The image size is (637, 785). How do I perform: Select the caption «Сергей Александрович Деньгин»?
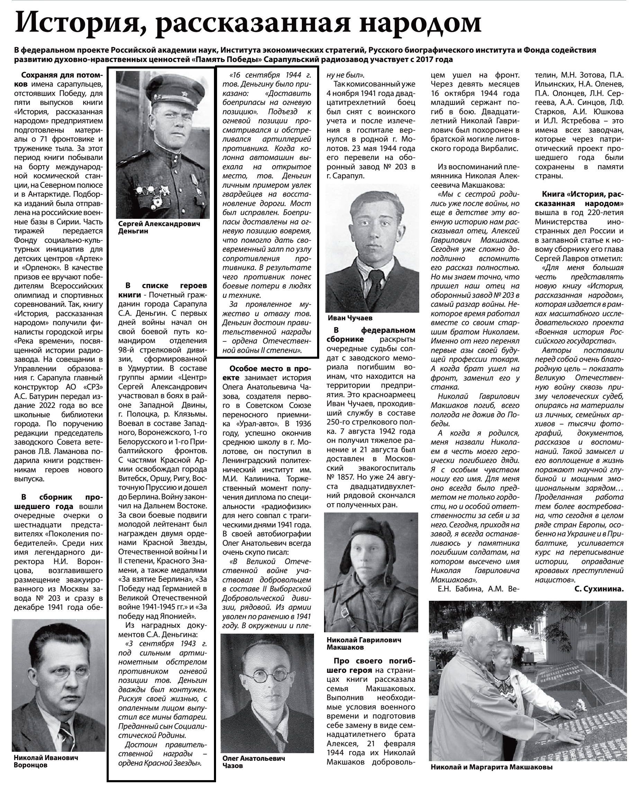pos(159,228)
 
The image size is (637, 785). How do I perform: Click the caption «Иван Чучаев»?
pos(350,318)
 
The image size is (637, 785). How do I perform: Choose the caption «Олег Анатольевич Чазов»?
pos(253,762)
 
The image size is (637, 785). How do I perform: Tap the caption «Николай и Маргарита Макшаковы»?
pos(491,767)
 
